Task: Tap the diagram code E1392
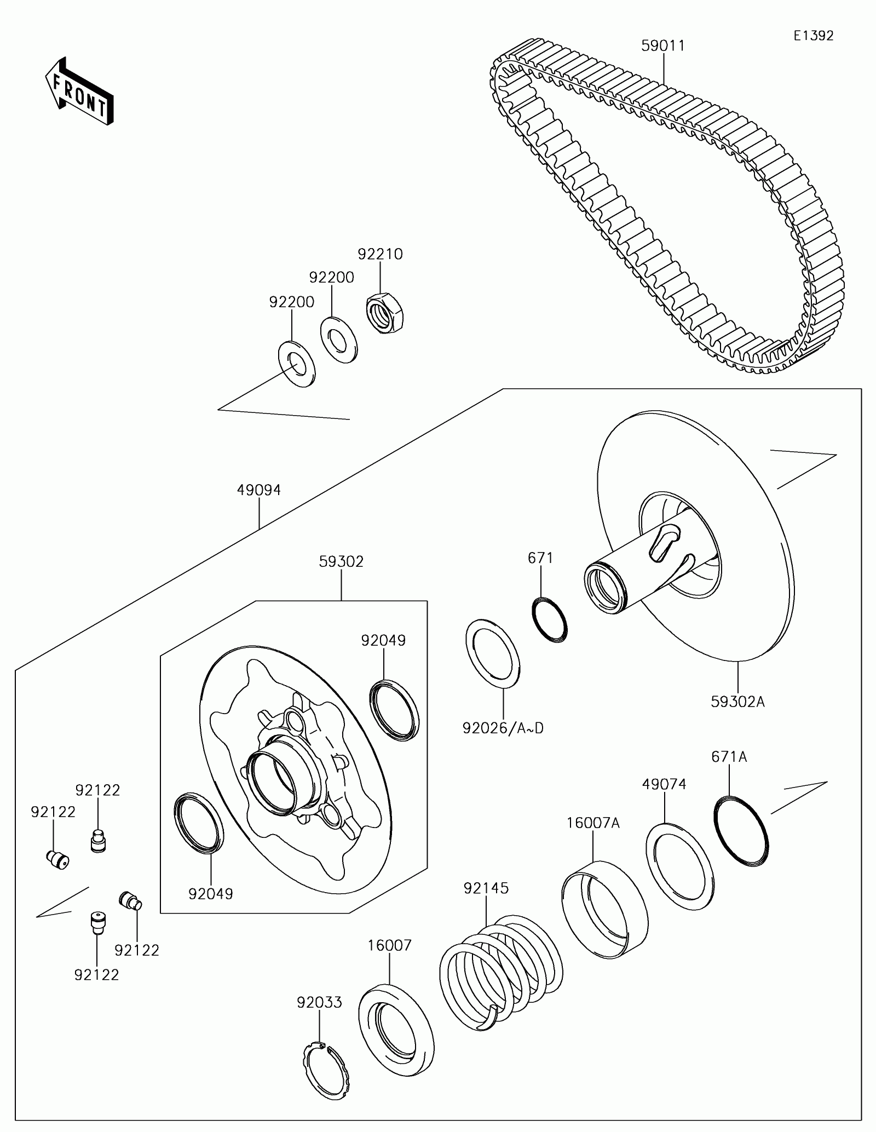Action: pyautogui.click(x=814, y=36)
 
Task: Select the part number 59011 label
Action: pyautogui.click(x=663, y=45)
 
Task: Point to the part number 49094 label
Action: pyautogui.click(x=258, y=490)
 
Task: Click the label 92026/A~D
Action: pyautogui.click(x=503, y=728)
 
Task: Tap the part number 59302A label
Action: pyautogui.click(x=737, y=702)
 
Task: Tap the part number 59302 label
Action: pyautogui.click(x=341, y=562)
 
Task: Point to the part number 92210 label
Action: pyautogui.click(x=380, y=254)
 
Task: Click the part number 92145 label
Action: pyautogui.click(x=486, y=888)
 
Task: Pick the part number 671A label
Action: pyautogui.click(x=729, y=757)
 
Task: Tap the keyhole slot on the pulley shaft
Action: pyautogui.click(x=663, y=541)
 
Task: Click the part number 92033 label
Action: pyautogui.click(x=319, y=1002)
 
